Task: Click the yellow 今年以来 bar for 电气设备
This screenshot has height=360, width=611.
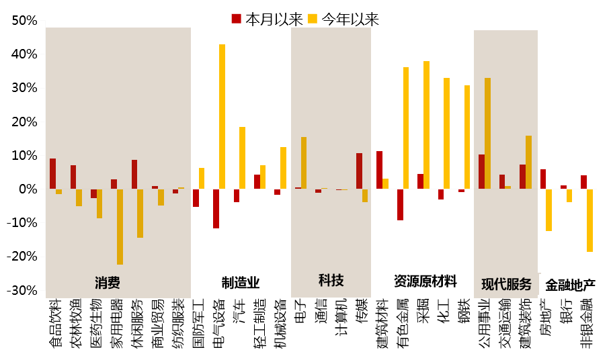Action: (x=222, y=117)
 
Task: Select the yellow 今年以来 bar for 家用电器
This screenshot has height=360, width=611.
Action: (x=120, y=226)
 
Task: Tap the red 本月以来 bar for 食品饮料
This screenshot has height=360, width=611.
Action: (x=52, y=174)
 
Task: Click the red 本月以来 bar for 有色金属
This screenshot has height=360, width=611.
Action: (x=400, y=204)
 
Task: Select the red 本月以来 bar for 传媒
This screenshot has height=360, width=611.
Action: (x=359, y=171)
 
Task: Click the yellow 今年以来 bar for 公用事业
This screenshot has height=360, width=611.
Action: (x=487, y=134)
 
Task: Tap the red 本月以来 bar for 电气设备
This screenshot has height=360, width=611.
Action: (x=216, y=208)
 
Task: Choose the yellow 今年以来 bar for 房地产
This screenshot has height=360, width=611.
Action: (x=548, y=210)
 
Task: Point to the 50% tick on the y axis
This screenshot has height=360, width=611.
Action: (x=24, y=21)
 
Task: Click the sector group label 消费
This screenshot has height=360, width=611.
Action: (x=107, y=281)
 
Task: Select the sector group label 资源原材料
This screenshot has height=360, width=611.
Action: (x=425, y=280)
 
